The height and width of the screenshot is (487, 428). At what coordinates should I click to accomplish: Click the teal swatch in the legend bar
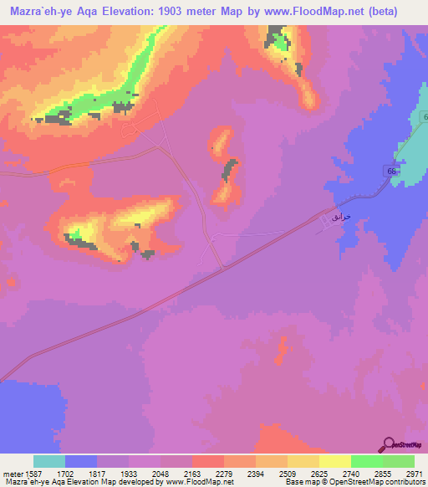click(49, 461)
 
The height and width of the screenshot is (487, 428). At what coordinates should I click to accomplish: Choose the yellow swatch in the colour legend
click(334, 461)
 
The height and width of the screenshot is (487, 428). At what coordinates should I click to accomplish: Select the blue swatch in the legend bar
click(81, 461)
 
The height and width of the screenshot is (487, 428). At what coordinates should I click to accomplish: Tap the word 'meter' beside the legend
click(14, 473)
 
